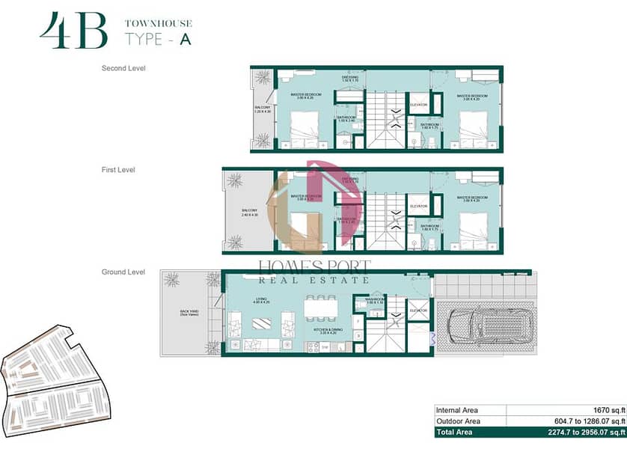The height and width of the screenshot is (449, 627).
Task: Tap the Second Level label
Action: pos(123,68)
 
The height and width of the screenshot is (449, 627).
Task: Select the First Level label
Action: pos(118,170)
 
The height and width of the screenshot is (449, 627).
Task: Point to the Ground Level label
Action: pos(123,272)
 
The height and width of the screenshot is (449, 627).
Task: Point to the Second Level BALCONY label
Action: pos(263,109)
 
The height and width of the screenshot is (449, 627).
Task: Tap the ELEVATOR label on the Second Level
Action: pos(418,105)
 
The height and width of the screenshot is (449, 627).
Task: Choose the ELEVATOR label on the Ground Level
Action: pos(418,310)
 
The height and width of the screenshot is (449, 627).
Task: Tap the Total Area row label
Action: pos(458,433)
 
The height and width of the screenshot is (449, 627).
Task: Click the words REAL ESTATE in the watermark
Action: pos(313,280)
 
